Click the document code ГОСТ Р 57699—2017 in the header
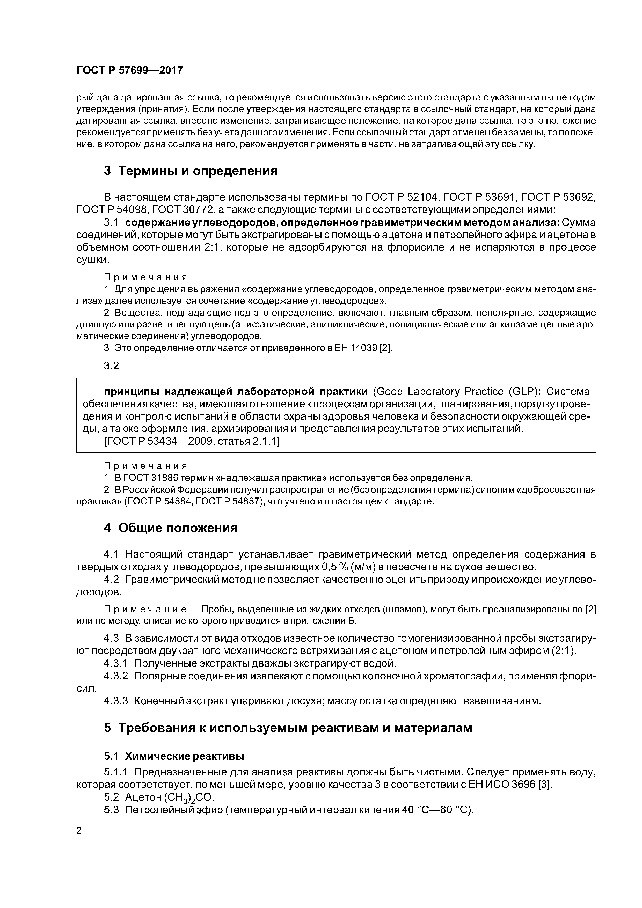tap(129, 70)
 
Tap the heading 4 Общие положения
tap(171, 528)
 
